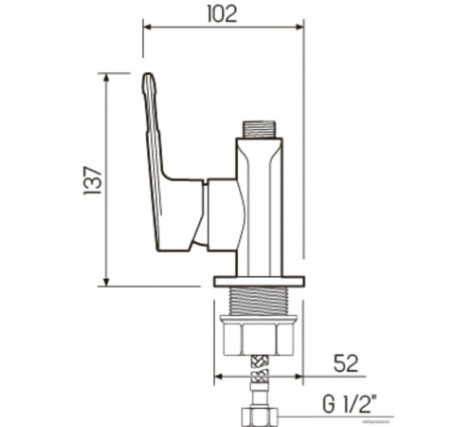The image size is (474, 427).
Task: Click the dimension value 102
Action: tap(222, 13)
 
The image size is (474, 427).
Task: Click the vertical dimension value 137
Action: tap(92, 180)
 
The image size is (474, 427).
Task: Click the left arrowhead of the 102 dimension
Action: tap(147, 27)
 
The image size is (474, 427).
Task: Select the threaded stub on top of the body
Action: tap(258, 129)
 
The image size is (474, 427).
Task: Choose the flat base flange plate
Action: tap(258, 281)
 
